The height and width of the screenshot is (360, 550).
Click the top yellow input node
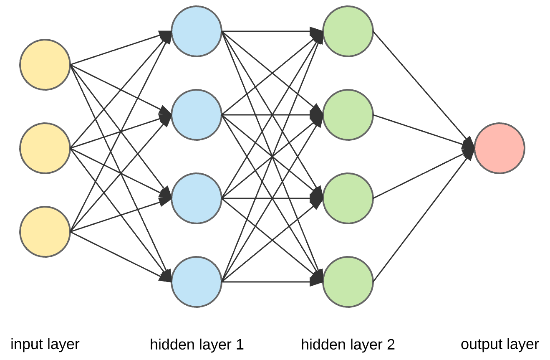click(45, 65)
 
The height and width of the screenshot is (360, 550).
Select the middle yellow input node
click(45, 148)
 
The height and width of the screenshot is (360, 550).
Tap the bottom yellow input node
click(45, 231)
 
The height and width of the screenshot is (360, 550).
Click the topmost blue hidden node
click(196, 31)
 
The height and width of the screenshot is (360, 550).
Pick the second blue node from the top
click(196, 114)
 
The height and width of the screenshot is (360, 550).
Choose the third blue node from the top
click(196, 198)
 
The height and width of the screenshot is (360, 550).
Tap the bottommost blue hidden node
click(196, 282)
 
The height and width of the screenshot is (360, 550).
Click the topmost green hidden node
click(348, 31)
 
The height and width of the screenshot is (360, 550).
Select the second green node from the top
click(348, 114)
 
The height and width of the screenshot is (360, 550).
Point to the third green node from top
click(348, 198)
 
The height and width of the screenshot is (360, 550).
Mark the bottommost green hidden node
click(348, 282)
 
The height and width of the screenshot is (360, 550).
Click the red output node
click(500, 148)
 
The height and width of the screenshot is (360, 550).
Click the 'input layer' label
click(45, 345)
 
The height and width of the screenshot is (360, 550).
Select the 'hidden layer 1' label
click(197, 345)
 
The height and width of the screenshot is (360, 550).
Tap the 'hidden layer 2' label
click(348, 345)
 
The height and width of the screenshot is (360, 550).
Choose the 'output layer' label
click(500, 345)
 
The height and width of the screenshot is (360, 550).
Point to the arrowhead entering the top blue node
click(166, 35)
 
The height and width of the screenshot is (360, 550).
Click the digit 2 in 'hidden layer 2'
click(390, 345)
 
